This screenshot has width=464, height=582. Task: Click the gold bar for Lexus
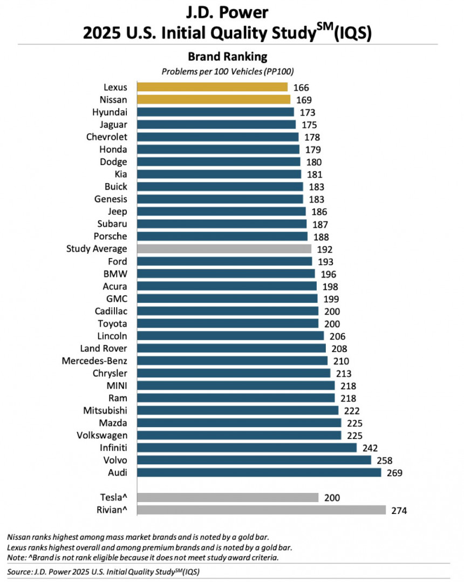212,87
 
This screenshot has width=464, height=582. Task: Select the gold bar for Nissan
214,99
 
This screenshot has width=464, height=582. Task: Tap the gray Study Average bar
224,249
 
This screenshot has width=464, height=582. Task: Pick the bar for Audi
259,472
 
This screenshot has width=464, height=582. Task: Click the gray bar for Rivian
261,510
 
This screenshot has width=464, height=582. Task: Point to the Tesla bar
228,497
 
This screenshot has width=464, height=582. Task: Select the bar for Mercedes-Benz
232,361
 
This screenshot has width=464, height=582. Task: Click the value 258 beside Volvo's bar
385,461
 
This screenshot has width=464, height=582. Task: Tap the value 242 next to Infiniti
370,448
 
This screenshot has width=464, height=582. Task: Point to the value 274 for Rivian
399,511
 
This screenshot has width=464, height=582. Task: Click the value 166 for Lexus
301,87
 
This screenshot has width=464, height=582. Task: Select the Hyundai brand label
110,112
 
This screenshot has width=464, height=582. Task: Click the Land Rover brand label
104,348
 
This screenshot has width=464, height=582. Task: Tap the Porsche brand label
110,236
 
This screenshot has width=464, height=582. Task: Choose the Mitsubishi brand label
105,410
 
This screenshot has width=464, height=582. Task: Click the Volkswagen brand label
103,435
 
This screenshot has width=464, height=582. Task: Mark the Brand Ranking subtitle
228,57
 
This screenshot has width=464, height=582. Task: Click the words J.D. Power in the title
228,12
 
